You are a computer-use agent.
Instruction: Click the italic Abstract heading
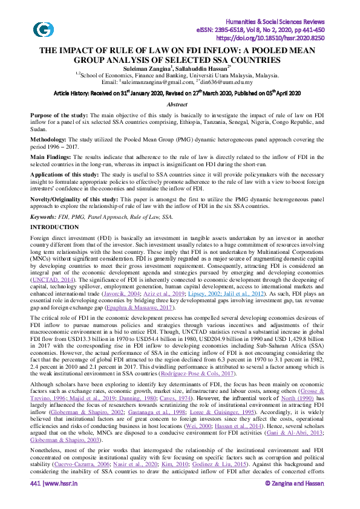pos(180,105)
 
